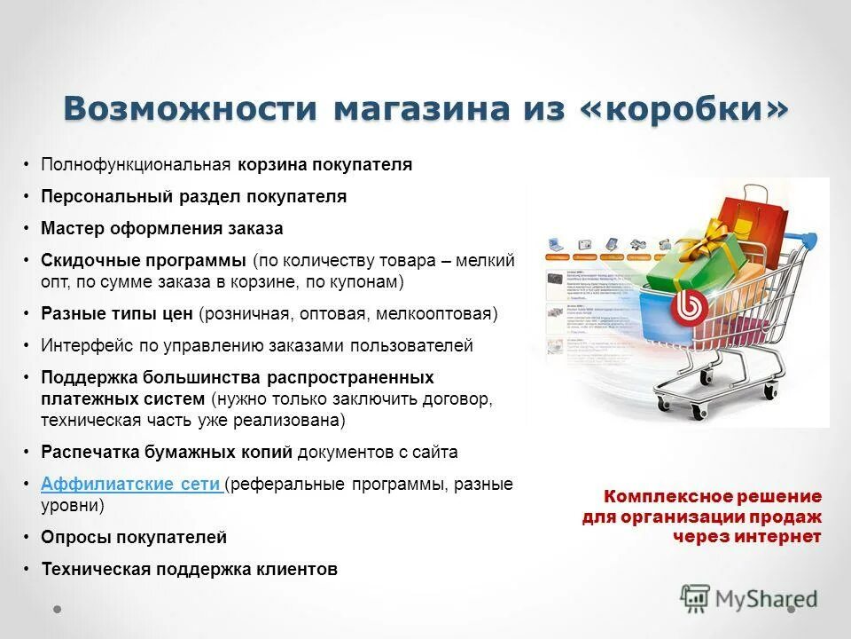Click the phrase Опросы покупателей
134,538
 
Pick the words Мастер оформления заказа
162,228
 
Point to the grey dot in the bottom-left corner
58,611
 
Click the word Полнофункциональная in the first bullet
136,164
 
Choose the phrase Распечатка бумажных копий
167,452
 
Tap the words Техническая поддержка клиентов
189,570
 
